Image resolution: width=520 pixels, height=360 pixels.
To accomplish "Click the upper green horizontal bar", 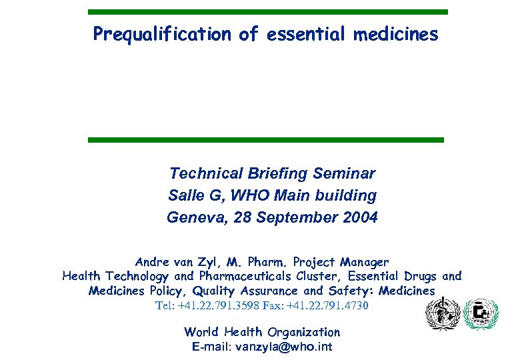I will (x=268, y=12).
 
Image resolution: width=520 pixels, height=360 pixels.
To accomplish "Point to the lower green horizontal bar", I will (x=265, y=139).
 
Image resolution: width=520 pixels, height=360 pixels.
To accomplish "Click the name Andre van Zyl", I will (x=175, y=262).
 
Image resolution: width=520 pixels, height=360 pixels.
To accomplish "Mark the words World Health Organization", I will (x=262, y=332).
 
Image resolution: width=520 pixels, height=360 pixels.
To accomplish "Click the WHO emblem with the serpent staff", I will (x=441, y=313).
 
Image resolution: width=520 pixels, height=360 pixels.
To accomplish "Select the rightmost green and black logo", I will (x=480, y=314).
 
